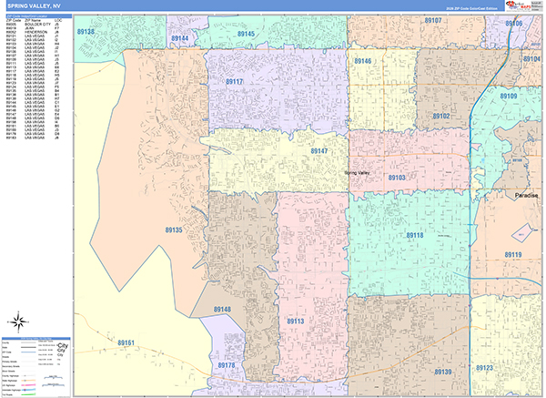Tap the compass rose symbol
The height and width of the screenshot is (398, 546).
[x=18, y=320]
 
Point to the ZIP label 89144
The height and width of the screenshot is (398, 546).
[x=179, y=38]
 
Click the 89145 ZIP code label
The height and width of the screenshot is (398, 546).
[x=244, y=34]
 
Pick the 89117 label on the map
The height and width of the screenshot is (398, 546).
[x=234, y=82]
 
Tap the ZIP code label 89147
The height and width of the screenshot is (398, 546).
[x=319, y=150]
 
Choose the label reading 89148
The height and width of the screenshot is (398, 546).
[x=223, y=310]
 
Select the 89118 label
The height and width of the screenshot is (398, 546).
[x=414, y=235]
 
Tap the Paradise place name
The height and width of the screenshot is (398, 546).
[x=525, y=196]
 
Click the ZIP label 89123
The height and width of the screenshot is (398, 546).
[x=483, y=368]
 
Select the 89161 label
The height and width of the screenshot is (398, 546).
[x=126, y=342]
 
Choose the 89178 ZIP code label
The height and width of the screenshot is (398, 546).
[x=227, y=365]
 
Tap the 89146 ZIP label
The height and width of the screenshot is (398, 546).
[x=363, y=61]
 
